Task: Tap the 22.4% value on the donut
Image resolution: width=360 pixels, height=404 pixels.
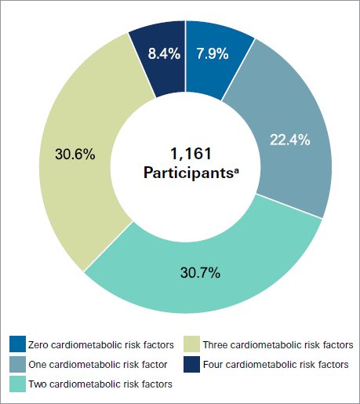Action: point(288,140)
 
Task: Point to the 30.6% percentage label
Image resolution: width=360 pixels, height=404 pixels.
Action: point(75,154)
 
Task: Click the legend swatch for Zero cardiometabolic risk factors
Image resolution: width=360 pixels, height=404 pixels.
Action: point(17,344)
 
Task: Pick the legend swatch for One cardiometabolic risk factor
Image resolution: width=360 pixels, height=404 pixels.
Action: point(17,364)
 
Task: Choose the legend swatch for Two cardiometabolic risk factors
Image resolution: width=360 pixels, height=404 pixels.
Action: point(17,384)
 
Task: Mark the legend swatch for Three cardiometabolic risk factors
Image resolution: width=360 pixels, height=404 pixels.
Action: point(192,344)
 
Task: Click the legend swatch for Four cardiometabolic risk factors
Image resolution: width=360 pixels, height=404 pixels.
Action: point(192,364)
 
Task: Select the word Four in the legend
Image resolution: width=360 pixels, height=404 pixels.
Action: point(213,365)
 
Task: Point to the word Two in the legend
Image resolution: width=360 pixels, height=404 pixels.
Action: point(37,384)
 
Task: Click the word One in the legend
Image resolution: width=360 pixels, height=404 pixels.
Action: point(37,365)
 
